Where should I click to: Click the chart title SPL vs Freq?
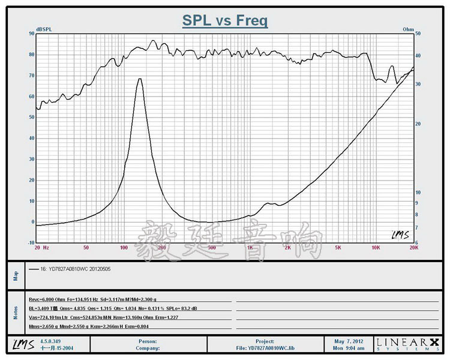tap(225, 21)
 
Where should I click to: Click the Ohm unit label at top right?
tap(409, 29)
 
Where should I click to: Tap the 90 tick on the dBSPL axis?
tap(31, 34)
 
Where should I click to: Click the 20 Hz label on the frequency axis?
tap(41, 247)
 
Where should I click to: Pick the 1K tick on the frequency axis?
tap(250, 247)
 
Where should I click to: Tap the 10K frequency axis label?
tap(376, 247)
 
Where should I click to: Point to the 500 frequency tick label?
tap(211, 247)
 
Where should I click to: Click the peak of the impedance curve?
tap(140, 79)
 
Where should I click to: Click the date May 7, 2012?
tap(349, 341)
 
